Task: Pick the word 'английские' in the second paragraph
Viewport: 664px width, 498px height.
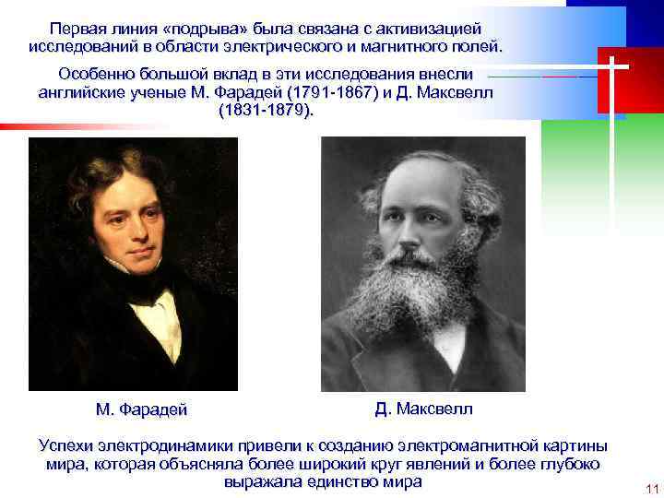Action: [x=83, y=92]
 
